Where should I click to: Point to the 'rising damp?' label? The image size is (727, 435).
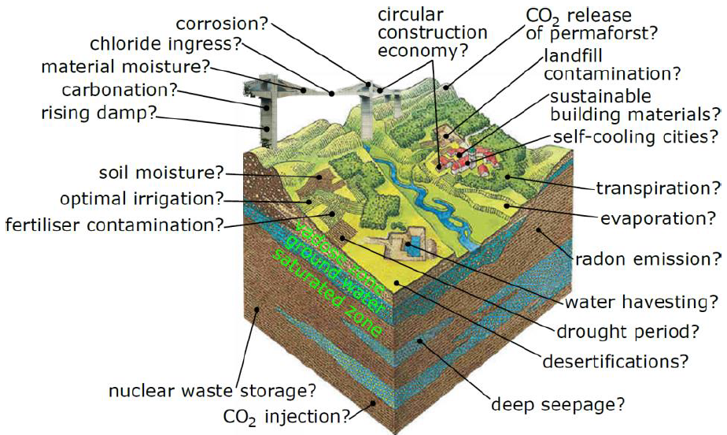click(98, 113)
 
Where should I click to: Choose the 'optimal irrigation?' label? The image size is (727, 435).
click(142, 197)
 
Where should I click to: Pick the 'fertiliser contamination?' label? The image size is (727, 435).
click(113, 224)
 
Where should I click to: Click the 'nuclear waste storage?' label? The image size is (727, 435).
click(212, 390)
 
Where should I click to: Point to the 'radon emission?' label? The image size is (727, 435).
click(648, 258)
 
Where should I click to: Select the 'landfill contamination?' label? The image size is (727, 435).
click(611, 65)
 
